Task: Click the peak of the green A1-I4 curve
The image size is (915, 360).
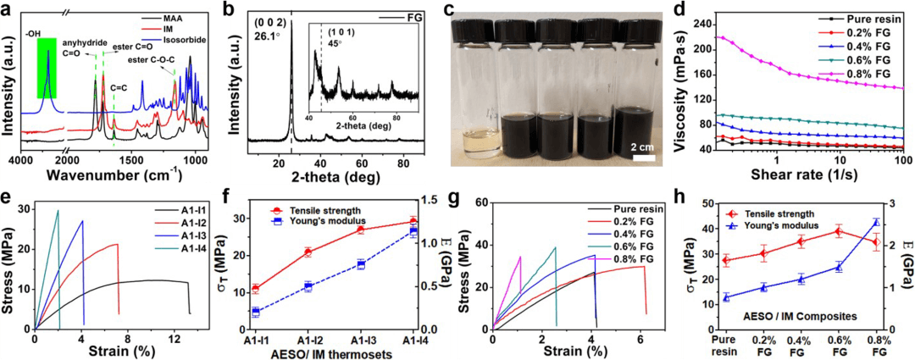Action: (x=58, y=210)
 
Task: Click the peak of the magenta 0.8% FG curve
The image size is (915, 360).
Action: (x=519, y=257)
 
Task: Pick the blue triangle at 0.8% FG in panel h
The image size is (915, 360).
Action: (x=876, y=223)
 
